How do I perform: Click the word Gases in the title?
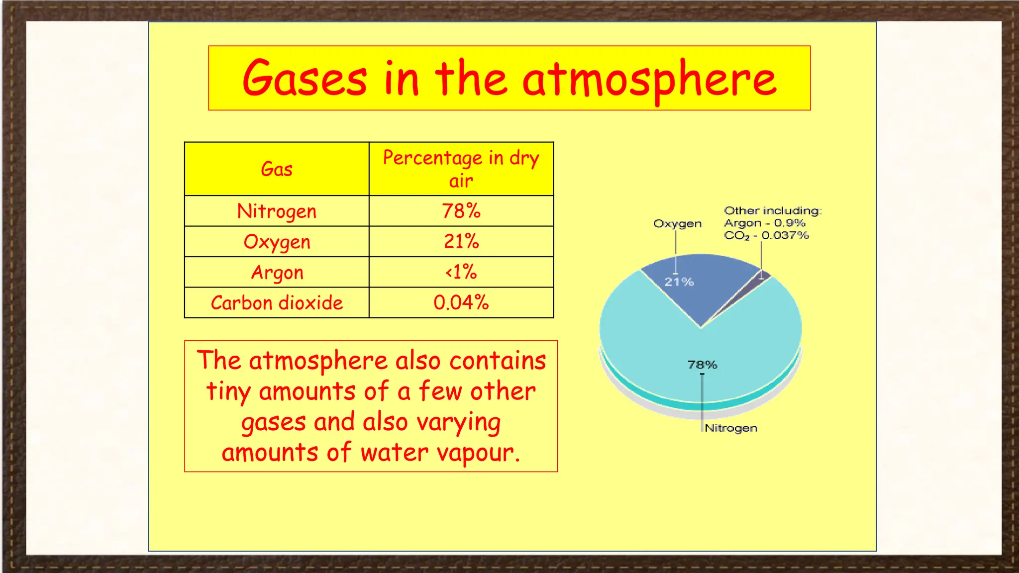(x=305, y=79)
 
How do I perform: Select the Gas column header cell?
(x=277, y=169)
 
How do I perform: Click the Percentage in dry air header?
(x=461, y=169)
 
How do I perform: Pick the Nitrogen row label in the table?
(x=277, y=211)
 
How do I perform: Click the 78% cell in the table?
(x=461, y=211)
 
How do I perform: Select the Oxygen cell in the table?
(x=277, y=242)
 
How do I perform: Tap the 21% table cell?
(x=461, y=242)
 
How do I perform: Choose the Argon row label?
(x=277, y=273)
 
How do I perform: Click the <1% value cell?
(x=461, y=273)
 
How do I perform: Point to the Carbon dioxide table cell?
(x=277, y=303)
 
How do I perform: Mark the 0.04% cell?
(x=461, y=303)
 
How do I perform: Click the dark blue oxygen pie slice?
(x=707, y=288)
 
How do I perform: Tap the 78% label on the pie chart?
(x=702, y=365)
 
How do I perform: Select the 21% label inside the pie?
(x=679, y=282)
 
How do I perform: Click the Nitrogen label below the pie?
(x=731, y=428)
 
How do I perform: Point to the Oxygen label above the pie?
(x=677, y=224)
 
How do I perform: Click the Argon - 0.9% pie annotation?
(x=764, y=223)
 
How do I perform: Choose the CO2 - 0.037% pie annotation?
(x=766, y=236)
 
